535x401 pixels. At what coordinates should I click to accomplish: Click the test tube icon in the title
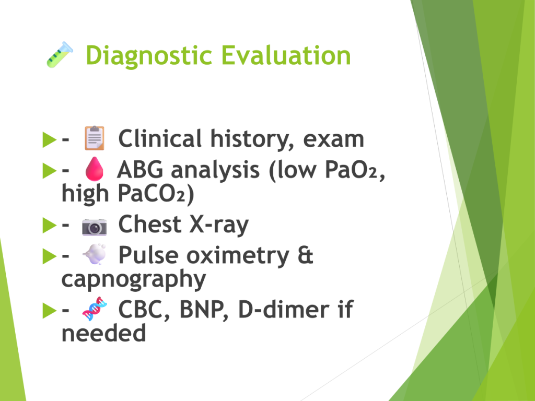click(60, 54)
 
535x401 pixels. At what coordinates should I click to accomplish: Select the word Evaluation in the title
click(286, 55)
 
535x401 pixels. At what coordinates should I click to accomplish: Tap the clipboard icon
click(95, 138)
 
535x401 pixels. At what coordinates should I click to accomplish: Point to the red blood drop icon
click(94, 169)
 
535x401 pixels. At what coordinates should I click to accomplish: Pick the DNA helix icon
click(95, 309)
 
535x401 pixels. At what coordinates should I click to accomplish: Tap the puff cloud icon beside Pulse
click(95, 254)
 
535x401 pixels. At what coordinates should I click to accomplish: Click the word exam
click(333, 139)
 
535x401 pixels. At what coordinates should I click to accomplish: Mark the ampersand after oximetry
click(305, 255)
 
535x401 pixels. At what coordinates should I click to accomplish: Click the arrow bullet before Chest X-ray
click(50, 225)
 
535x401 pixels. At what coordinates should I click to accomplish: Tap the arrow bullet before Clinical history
click(50, 139)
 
